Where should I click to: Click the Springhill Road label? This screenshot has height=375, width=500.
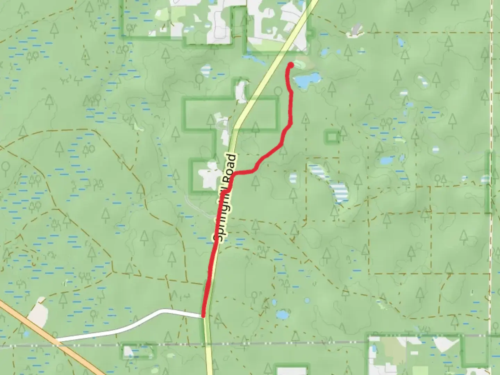(225, 198)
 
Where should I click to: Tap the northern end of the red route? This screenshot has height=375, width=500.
(291, 65)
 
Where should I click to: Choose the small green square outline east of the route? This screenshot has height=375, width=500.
(332, 137)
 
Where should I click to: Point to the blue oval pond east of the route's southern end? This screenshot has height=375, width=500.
(282, 315)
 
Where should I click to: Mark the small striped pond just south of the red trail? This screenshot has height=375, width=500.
(293, 178)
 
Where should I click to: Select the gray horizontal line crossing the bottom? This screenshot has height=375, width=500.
(278, 344)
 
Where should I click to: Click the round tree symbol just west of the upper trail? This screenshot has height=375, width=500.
(278, 92)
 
